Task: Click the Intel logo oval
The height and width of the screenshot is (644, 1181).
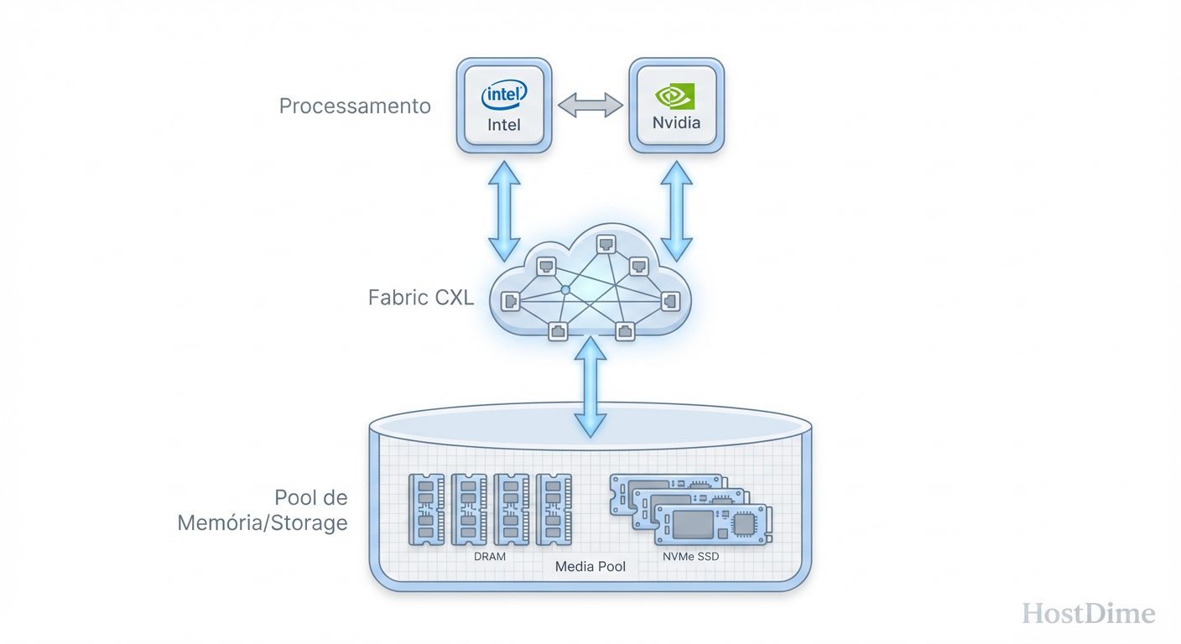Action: pos(504,96)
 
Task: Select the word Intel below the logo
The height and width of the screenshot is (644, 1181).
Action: pos(504,125)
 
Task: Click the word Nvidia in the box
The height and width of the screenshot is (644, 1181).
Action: pos(676,122)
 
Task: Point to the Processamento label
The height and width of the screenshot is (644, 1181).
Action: pos(355,106)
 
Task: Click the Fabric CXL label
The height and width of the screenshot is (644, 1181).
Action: pos(421,298)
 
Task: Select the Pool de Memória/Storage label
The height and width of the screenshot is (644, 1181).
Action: pos(263,510)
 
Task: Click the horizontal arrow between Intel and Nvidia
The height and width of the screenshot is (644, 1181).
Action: pos(590,106)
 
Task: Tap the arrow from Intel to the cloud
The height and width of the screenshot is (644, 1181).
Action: pos(505,210)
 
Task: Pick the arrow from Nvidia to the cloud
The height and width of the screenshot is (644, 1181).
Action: pos(676,210)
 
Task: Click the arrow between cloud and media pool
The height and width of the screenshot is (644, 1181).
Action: pos(591,386)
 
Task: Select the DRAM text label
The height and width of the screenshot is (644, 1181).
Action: pos(490,556)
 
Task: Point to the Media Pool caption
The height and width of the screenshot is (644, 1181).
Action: pos(590,567)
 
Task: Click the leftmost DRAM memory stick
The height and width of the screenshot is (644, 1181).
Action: pos(426,510)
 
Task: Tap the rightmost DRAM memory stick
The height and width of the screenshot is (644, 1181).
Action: pos(554,510)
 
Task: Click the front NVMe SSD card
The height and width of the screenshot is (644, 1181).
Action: pos(711,525)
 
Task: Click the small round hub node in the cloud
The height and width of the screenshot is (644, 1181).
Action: pos(565,289)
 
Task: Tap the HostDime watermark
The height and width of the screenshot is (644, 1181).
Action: pos(1089,614)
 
